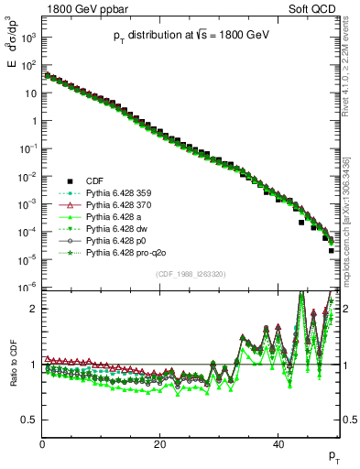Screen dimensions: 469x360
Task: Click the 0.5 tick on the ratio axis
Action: coord(32,420)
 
